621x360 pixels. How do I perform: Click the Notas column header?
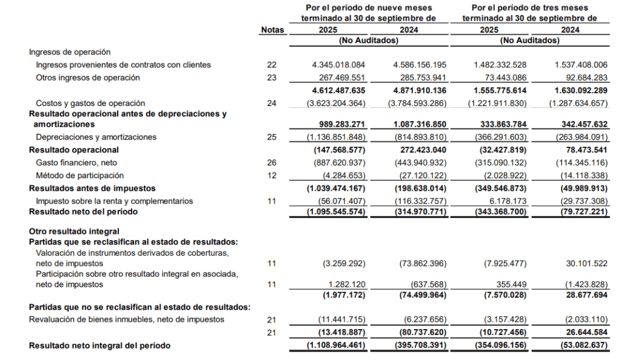tap(272, 30)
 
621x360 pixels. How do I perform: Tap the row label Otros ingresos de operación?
tap(88, 78)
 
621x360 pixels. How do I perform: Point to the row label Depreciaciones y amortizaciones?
tap(96, 138)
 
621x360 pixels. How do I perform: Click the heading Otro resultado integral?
tap(74, 232)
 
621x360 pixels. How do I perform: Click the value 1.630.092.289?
tap(580, 90)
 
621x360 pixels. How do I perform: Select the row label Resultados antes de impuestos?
tap(92, 188)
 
